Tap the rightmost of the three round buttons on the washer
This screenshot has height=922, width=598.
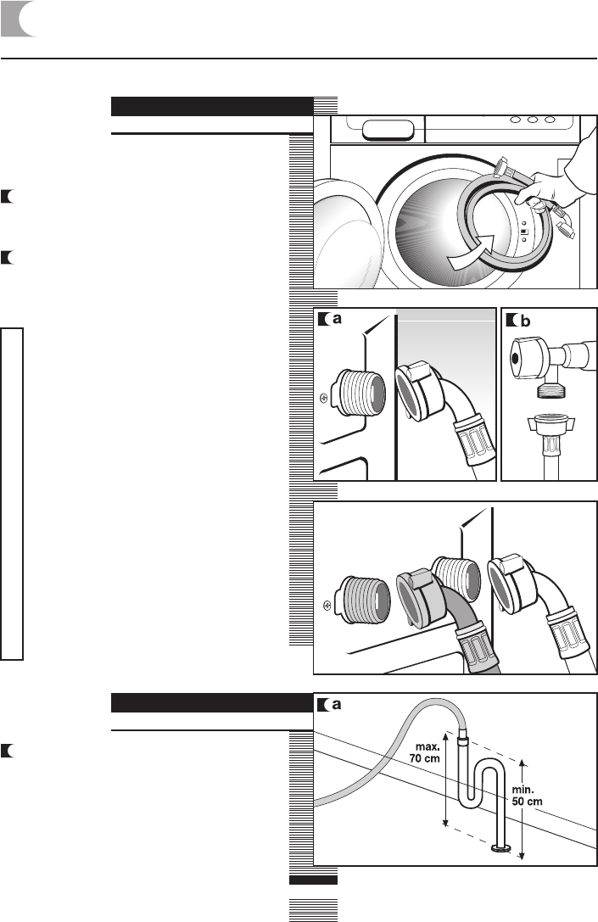[551, 120]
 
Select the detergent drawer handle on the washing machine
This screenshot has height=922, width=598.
[389, 129]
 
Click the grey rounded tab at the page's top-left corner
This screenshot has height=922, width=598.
[20, 19]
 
